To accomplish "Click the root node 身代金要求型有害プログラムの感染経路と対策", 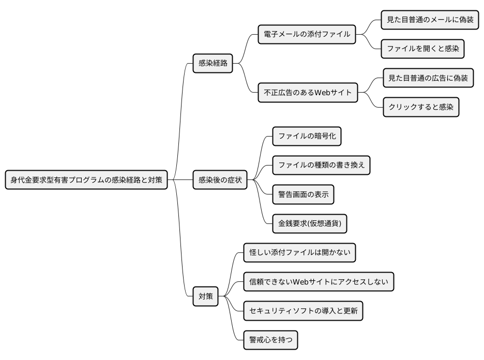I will [x=86, y=180].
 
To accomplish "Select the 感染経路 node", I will [x=213, y=64].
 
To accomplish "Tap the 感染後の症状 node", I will [x=220, y=180].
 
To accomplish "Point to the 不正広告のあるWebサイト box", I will [x=308, y=93].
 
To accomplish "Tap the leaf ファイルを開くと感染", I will [x=422, y=49].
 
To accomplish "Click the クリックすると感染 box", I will [x=421, y=108].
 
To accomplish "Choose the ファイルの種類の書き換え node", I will [x=321, y=166].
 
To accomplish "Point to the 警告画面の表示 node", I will [x=303, y=194].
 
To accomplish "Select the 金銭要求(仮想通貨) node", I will [x=309, y=224].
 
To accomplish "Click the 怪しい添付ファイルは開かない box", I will [x=300, y=253].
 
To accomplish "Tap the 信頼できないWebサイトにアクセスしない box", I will [x=319, y=282].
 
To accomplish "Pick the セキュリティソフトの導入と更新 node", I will [x=303, y=311].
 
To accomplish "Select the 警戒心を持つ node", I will [x=270, y=340].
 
